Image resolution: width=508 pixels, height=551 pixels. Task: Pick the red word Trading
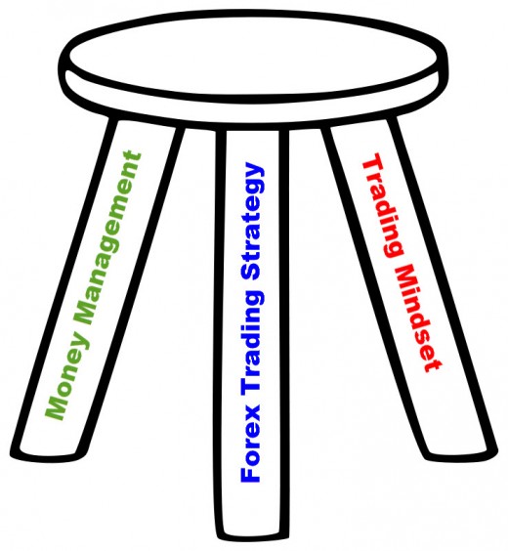(382, 205)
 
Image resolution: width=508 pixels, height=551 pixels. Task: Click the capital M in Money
(56, 408)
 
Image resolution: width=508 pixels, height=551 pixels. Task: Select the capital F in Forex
(249, 474)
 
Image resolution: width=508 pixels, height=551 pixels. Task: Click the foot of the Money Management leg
(48, 455)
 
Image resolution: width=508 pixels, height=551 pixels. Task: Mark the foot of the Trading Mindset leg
(461, 455)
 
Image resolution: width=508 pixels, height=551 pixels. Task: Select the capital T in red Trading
(371, 162)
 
